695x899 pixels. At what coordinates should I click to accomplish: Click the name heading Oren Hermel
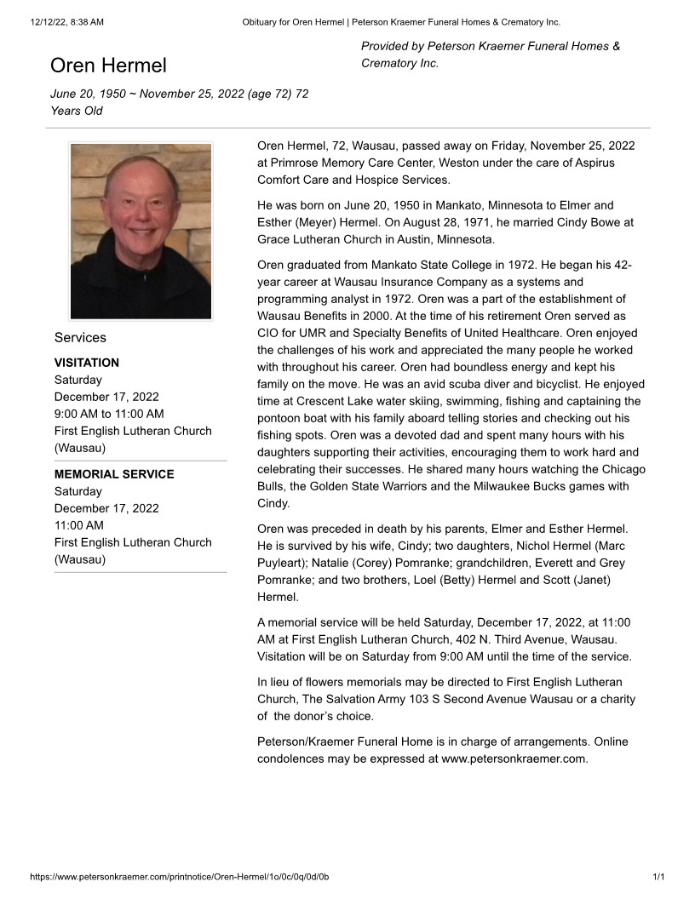[x=108, y=66]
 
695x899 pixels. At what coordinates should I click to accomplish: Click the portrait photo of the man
[x=141, y=231]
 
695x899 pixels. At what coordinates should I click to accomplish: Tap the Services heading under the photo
[x=80, y=337]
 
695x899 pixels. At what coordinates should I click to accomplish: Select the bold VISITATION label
[x=87, y=363]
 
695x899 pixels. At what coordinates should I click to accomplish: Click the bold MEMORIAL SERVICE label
[x=114, y=474]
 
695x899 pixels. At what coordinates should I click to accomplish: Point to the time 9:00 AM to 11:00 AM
[x=109, y=414]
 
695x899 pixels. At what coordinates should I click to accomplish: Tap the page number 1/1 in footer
[x=658, y=877]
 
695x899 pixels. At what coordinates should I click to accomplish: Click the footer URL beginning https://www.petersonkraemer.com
[x=179, y=877]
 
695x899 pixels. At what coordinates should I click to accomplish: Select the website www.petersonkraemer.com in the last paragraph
[x=514, y=759]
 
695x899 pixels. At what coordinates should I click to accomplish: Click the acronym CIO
[x=269, y=333]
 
